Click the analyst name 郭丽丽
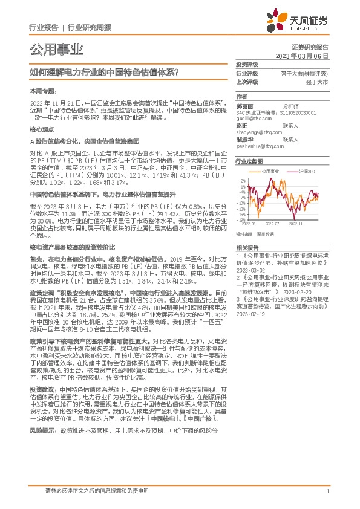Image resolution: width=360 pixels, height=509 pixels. [245, 106]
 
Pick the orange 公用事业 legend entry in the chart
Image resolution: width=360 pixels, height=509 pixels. [270, 172]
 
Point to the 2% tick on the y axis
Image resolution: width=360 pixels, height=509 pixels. [243, 180]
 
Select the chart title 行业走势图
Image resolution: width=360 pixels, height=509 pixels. [248, 162]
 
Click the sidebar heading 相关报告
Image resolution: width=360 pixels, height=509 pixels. [247, 248]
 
